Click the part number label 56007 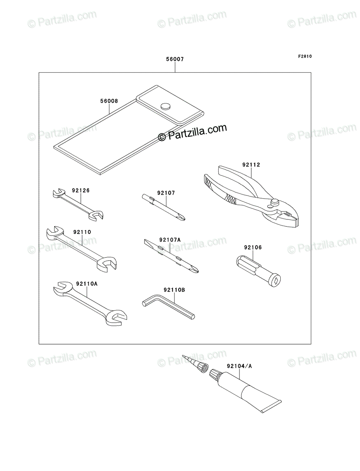coord(175,59)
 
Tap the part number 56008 coord(109,101)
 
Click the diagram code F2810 coord(305,57)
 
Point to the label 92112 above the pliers coord(251,164)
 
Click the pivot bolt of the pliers coord(274,201)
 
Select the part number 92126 coord(80,190)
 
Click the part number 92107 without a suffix coord(166,193)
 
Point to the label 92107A coord(170,240)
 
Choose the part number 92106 coord(253,247)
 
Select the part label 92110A coord(87,284)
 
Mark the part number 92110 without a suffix coord(82,232)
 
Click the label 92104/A coord(239,366)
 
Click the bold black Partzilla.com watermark coord(192,133)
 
